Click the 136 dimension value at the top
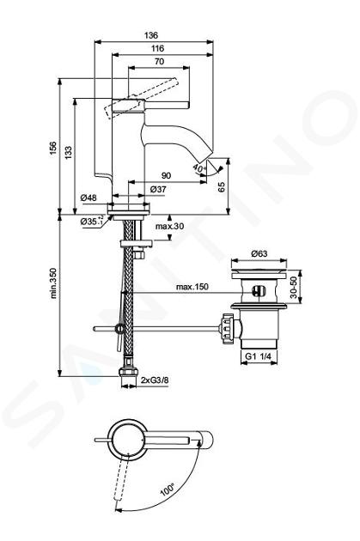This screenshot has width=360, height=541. [x=151, y=35]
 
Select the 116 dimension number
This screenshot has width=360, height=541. [x=157, y=48]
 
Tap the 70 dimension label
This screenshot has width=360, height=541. [x=160, y=62]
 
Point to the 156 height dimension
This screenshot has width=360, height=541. [x=53, y=148]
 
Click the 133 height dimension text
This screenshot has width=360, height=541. [x=69, y=152]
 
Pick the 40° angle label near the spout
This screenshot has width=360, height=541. [x=199, y=168]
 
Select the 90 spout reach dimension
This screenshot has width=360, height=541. [x=167, y=176]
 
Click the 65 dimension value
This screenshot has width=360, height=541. [x=222, y=186]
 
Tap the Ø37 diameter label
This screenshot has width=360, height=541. [x=158, y=190]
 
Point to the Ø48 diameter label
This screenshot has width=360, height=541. [x=88, y=198]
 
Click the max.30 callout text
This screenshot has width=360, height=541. [x=169, y=227]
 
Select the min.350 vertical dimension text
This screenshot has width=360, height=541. [x=53, y=283]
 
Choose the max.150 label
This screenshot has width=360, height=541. [x=192, y=287]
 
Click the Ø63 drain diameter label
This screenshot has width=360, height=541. [x=259, y=253]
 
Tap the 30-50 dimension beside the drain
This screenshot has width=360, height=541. [x=293, y=287]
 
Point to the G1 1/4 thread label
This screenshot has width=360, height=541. [x=258, y=356]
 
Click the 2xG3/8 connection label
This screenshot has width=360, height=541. [x=155, y=380]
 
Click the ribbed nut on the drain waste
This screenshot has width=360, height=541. [x=225, y=328]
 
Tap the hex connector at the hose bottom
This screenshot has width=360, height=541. [x=128, y=373]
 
